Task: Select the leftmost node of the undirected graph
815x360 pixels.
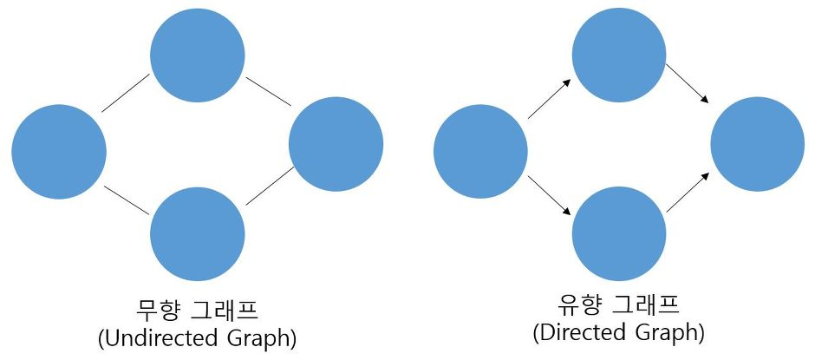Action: [x=59, y=152]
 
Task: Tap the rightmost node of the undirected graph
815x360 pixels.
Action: [x=336, y=144]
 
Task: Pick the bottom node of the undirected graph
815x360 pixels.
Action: [x=197, y=232]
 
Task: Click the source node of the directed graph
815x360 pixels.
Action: [x=480, y=152]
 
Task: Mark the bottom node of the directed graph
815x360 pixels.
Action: [x=619, y=232]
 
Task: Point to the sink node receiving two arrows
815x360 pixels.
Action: [x=757, y=144]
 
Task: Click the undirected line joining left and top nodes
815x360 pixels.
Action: [x=126, y=94]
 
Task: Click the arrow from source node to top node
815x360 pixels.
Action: [x=548, y=96]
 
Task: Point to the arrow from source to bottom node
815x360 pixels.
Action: [x=548, y=196]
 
